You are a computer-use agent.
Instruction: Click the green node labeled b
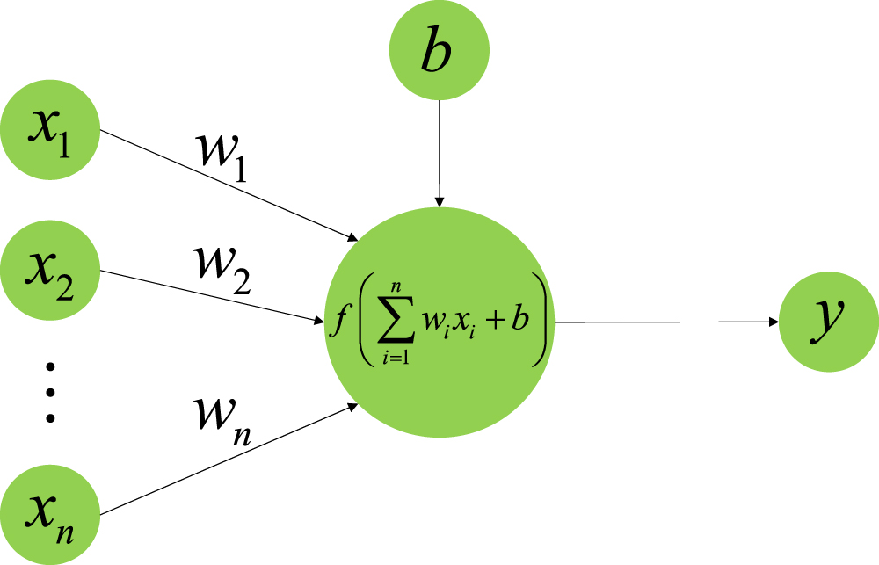(x=439, y=54)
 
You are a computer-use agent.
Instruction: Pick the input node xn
(x=50, y=513)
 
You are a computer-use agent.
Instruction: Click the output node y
(x=829, y=323)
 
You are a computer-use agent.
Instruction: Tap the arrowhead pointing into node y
(x=774, y=323)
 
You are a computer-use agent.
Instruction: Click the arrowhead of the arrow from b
(x=440, y=202)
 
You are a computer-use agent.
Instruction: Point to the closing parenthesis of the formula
(x=544, y=322)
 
